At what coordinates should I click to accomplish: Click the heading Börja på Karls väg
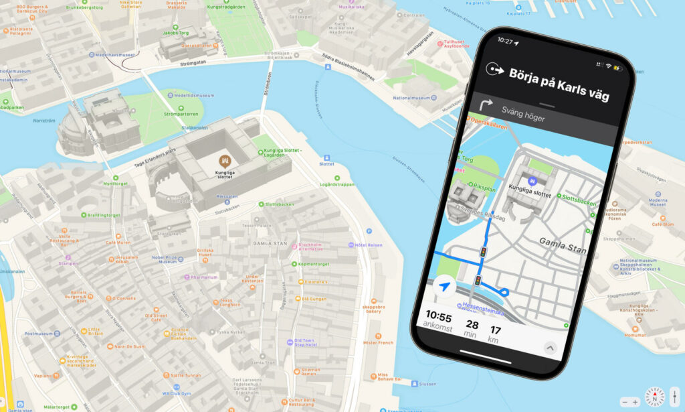point(559,84)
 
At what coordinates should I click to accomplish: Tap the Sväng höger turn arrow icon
point(486,105)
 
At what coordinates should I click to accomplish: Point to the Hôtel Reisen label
point(369,245)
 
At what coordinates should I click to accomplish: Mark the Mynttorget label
point(115,184)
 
